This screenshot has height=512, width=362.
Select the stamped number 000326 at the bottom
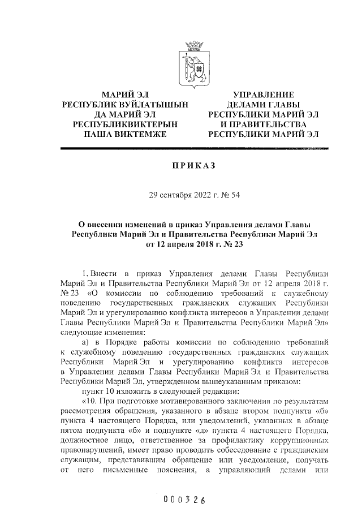(183, 500)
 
